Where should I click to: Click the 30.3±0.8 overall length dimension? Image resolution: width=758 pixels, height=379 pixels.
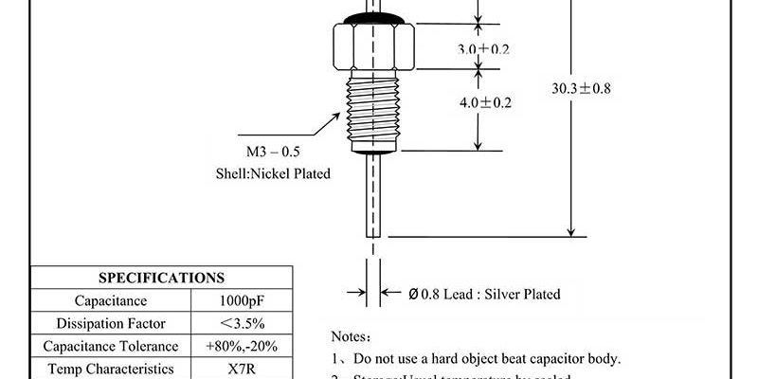click(x=581, y=88)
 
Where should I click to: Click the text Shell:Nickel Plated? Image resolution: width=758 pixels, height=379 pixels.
click(x=273, y=174)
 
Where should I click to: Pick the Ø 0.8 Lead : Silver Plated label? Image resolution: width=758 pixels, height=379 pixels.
click(x=484, y=294)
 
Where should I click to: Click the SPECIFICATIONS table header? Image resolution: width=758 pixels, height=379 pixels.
click(x=162, y=278)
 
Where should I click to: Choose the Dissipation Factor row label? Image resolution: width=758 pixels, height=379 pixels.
click(x=111, y=324)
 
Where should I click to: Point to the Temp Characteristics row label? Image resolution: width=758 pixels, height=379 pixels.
click(x=111, y=369)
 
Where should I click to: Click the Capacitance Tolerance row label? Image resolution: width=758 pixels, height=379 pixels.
click(x=111, y=347)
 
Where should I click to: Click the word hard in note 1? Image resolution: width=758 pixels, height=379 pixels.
click(x=456, y=358)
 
